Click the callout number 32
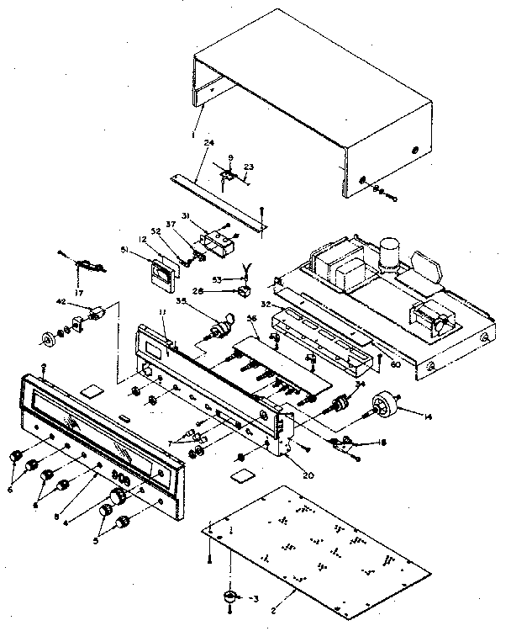pyautogui.click(x=265, y=304)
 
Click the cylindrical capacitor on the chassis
pyautogui.click(x=388, y=253)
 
